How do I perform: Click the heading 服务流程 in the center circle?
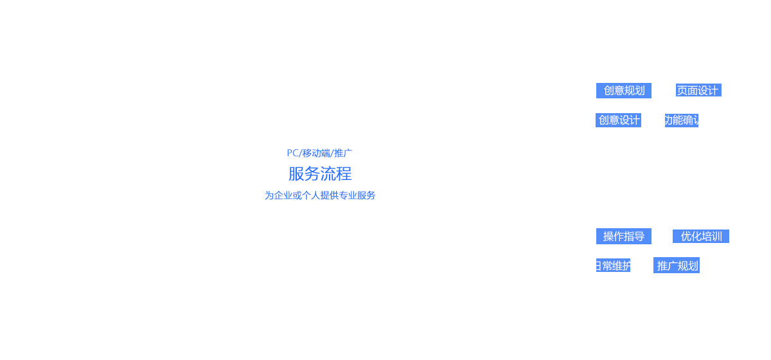point(319,174)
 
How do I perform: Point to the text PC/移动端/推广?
point(319,153)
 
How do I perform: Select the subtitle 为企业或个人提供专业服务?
point(319,195)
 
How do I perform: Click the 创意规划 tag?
point(624,91)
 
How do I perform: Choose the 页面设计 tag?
point(698,91)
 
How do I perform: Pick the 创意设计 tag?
point(619,120)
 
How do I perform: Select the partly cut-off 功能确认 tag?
point(682,120)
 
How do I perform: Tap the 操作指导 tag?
point(624,236)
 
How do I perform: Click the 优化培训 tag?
point(701,236)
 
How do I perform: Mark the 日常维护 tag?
point(613,265)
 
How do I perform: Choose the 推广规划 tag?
point(678,265)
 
